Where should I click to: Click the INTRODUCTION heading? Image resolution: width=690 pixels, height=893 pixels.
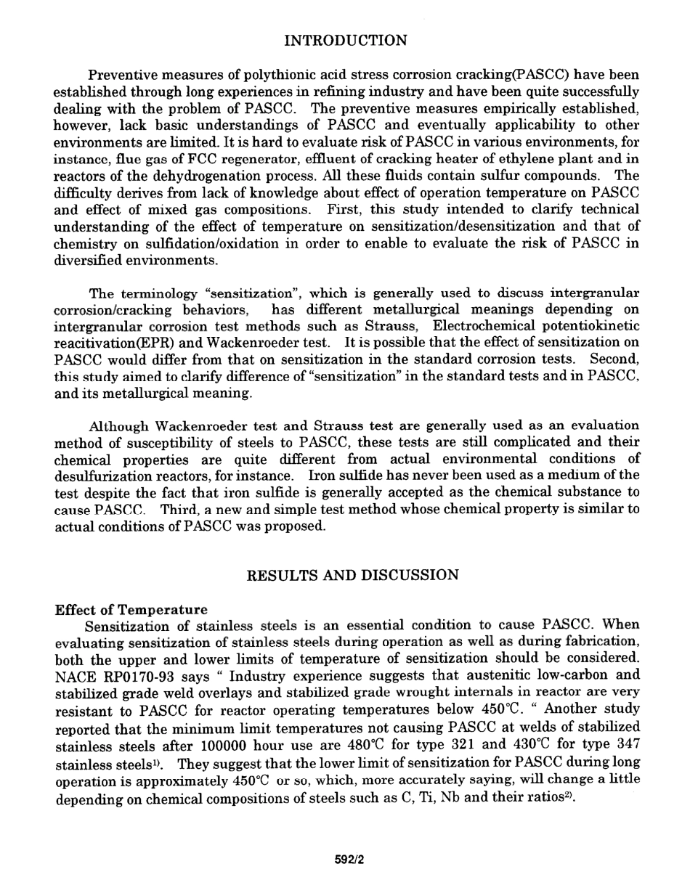pyautogui.click(x=345, y=40)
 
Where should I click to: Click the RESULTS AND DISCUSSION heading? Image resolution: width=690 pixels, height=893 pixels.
pyautogui.click(x=353, y=575)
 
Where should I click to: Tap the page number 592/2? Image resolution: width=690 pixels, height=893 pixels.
pyautogui.click(x=349, y=860)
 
